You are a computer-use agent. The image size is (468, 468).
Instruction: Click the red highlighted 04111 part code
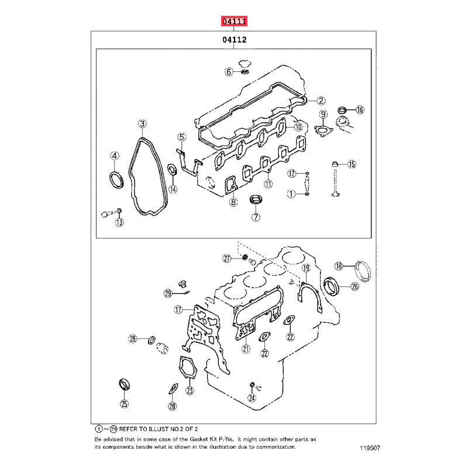235,21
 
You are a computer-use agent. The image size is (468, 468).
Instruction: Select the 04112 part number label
235,40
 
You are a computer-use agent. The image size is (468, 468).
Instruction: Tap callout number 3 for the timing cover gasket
142,123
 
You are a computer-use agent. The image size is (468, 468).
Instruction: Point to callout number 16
360,110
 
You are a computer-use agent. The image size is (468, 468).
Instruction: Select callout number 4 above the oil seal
115,156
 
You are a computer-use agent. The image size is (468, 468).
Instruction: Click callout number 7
256,217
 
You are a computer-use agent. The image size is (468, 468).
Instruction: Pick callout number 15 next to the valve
352,164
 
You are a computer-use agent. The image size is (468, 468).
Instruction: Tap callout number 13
119,222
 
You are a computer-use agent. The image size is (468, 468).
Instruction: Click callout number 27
227,259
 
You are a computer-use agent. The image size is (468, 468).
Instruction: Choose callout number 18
339,266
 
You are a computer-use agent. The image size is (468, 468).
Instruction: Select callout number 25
124,404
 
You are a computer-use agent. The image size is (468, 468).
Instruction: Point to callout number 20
173,406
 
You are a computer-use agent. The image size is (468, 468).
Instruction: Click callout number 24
252,398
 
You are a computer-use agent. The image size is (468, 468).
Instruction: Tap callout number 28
133,339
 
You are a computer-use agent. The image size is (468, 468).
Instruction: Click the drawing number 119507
370,448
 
